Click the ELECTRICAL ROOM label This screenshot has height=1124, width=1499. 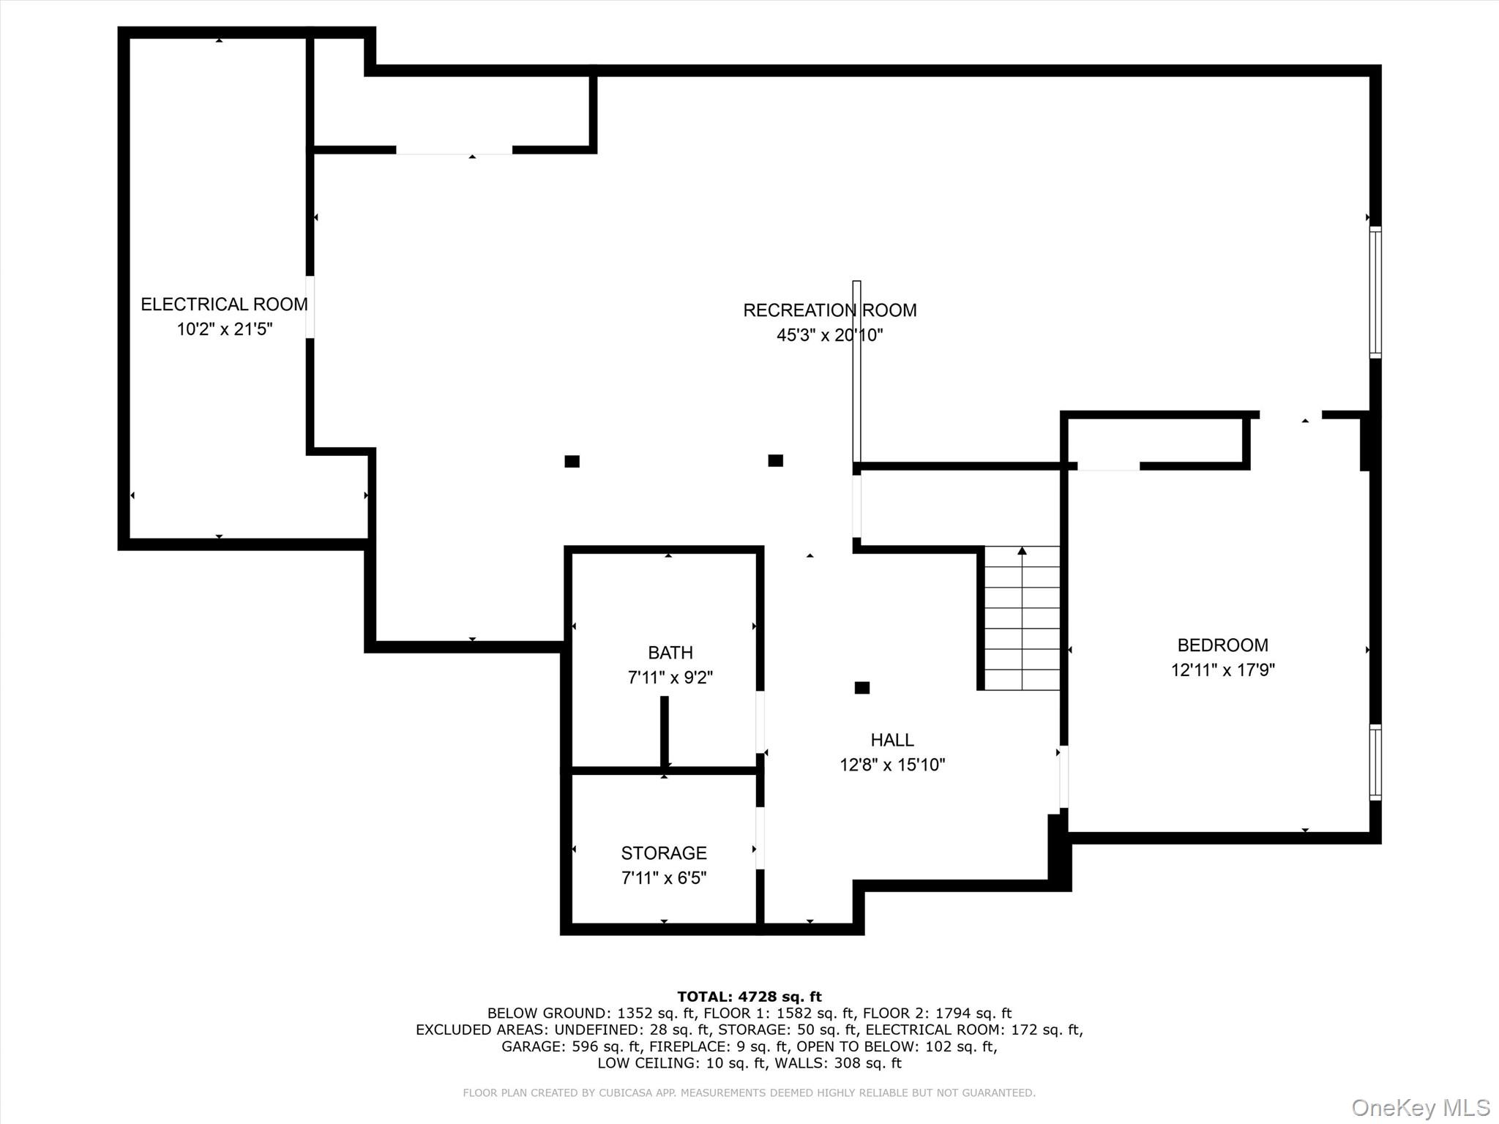tap(224, 304)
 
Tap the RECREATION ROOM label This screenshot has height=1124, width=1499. tap(829, 310)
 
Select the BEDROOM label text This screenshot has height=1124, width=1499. tap(1222, 645)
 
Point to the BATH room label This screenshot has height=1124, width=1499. tap(670, 653)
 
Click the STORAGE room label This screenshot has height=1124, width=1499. tap(663, 853)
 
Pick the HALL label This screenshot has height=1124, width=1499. tap(891, 740)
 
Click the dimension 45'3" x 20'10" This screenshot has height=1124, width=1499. tap(829, 335)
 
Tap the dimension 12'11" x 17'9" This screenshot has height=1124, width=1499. tap(1222, 670)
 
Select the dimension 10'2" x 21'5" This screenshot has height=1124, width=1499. tap(224, 329)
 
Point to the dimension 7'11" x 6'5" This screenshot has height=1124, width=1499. tap(663, 878)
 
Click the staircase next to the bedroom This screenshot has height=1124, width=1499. tap(1022, 618)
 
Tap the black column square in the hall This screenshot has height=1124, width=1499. tap(861, 688)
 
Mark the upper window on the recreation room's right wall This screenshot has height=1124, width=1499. tap(1375, 292)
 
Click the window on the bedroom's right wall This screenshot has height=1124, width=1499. tap(1375, 762)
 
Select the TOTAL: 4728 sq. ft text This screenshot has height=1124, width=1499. tap(749, 997)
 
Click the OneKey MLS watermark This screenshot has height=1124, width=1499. tap(1420, 1107)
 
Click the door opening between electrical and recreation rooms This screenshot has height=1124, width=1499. tap(310, 307)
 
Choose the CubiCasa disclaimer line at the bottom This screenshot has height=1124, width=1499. tap(749, 1093)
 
